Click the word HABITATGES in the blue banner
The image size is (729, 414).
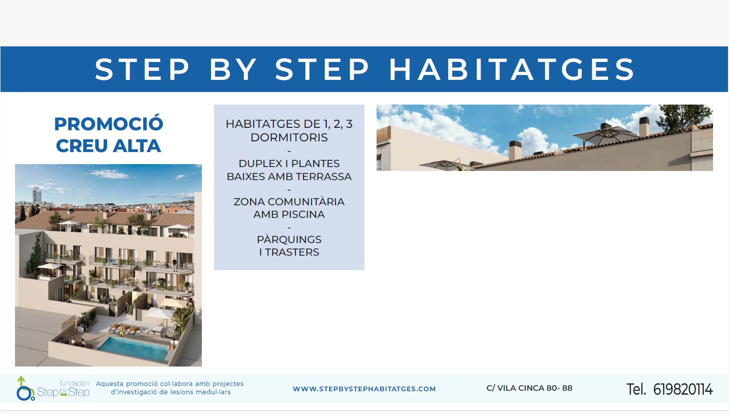coord(512,69)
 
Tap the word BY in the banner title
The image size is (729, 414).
coord(233,69)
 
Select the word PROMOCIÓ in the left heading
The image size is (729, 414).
coord(109,123)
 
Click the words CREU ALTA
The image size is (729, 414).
coord(109,145)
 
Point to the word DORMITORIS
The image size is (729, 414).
coord(289,138)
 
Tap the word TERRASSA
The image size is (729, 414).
coord(323,177)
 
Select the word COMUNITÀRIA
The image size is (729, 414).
coord(305,201)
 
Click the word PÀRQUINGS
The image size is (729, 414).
coord(289,239)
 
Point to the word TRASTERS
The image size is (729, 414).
coord(292,252)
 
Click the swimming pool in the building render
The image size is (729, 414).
coord(134,349)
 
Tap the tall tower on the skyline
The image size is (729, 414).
coord(37,195)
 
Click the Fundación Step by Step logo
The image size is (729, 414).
coord(53,388)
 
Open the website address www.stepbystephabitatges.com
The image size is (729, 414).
coord(364,389)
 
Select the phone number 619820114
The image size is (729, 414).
coord(683,389)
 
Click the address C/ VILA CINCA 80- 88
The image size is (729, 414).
coord(529,388)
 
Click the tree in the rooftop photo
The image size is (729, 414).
coord(683,118)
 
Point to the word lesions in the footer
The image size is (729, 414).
coord(184,392)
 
